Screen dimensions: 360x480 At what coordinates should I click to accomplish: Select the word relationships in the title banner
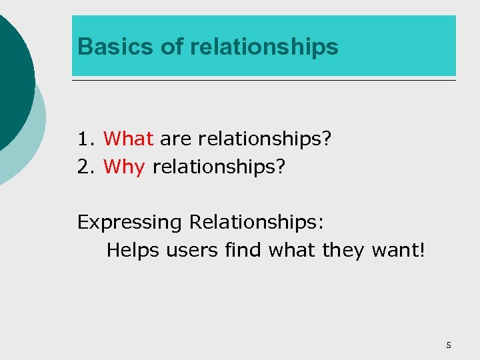point(264,47)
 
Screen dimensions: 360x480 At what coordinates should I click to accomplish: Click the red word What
point(129,139)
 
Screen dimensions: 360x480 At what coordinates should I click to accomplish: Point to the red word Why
point(124,166)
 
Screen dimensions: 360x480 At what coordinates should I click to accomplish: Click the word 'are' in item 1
point(175,139)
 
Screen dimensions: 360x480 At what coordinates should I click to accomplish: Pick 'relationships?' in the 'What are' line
point(264,139)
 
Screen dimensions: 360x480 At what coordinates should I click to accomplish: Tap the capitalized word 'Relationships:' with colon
point(257,222)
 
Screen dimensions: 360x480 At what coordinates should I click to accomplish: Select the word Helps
point(133,250)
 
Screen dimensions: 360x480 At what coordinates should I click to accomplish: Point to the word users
point(191,250)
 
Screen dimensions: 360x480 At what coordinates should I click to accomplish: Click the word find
point(243,250)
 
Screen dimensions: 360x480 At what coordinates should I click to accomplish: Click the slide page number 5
point(448,345)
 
